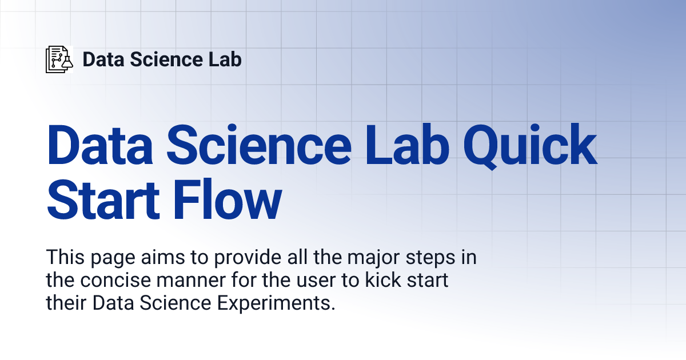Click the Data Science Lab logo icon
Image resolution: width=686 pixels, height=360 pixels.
(x=59, y=59)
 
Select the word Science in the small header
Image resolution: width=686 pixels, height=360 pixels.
(x=163, y=59)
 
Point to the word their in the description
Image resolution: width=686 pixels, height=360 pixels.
(x=65, y=303)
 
